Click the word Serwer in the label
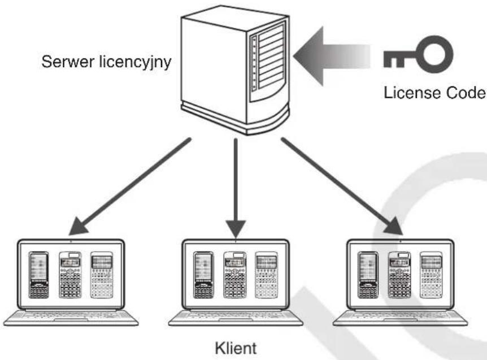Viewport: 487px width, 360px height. tap(68, 62)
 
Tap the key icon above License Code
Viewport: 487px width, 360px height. tap(418, 54)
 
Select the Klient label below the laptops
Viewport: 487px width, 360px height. tap(236, 348)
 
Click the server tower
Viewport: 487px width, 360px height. tap(235, 70)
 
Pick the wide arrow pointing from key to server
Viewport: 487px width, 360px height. tap(332, 56)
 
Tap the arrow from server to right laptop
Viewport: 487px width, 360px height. tap(342, 186)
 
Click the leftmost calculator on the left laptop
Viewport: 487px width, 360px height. tap(39, 275)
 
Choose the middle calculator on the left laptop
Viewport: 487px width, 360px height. tap(70, 275)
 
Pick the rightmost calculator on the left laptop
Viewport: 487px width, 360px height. tap(102, 275)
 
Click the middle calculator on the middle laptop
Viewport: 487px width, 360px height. tap(235, 275)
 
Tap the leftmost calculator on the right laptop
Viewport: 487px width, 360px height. tap(368, 275)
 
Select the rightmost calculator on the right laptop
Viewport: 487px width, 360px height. tap(431, 275)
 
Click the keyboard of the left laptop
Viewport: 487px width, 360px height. tap(71, 318)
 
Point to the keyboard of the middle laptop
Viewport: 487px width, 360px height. tap(236, 318)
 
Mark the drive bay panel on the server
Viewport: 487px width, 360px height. tap(268, 61)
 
